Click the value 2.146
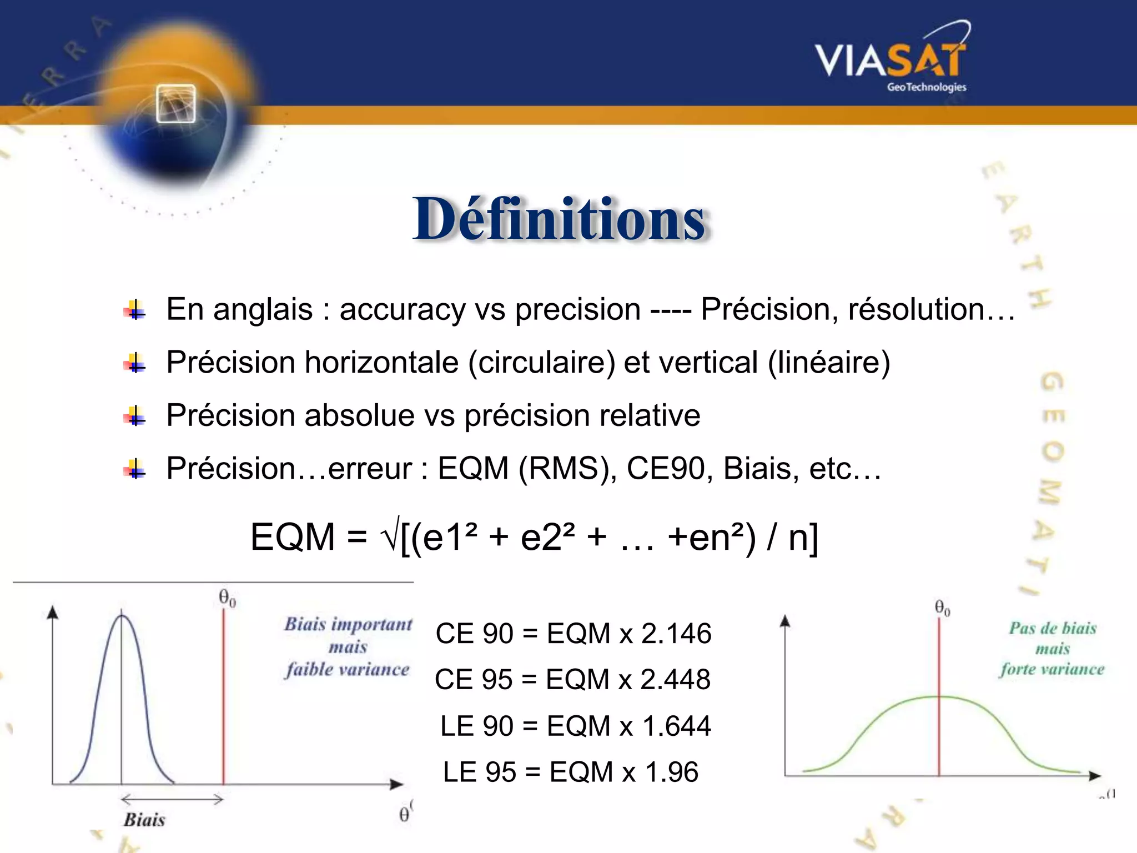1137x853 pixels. [x=676, y=634]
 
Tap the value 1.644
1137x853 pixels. [x=676, y=726]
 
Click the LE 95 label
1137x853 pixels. [x=479, y=772]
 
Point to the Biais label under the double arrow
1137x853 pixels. [x=144, y=820]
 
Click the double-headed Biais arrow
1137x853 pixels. [x=172, y=800]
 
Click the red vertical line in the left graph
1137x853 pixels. [x=223, y=694]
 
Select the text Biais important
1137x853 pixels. [x=348, y=624]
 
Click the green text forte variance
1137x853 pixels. [x=1052, y=669]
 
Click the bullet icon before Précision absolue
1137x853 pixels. [x=135, y=416]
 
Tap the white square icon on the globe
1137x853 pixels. [x=176, y=104]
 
